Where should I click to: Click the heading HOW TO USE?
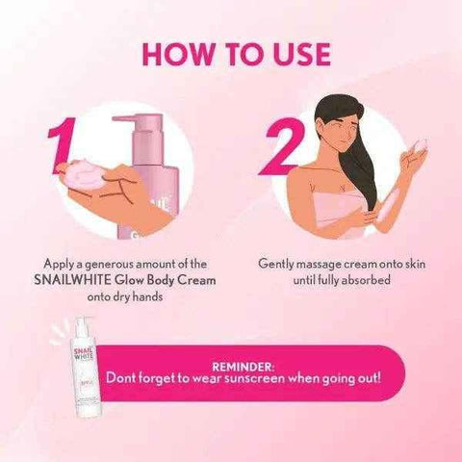(x=231, y=49)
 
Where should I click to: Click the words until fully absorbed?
(x=336, y=280)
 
